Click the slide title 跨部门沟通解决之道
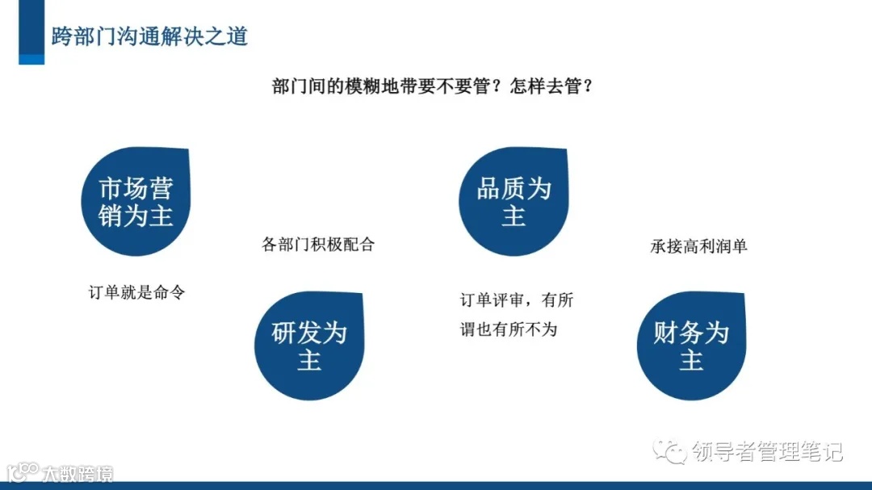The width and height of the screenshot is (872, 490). [x=149, y=36]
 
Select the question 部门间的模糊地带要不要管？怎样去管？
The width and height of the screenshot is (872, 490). [x=434, y=86]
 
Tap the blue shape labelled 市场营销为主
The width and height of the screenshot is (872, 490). [x=136, y=203]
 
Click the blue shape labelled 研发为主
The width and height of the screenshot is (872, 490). [x=309, y=346]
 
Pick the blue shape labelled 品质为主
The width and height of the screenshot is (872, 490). [x=514, y=203]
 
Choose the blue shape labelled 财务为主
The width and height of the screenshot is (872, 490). [x=691, y=346]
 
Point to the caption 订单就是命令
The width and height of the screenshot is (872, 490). [x=137, y=291]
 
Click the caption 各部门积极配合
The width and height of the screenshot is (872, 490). [x=319, y=244]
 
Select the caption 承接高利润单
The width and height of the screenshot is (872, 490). [x=699, y=245]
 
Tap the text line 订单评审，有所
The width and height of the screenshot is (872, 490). [x=517, y=300]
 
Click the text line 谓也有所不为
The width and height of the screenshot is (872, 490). [x=509, y=329]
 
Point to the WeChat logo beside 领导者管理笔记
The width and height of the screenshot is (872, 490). [x=672, y=451]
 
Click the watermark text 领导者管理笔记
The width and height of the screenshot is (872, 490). [x=767, y=451]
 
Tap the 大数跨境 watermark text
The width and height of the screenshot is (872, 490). [x=78, y=472]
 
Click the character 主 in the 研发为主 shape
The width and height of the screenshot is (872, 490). [x=309, y=360]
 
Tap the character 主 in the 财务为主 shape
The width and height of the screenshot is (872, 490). [x=691, y=360]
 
